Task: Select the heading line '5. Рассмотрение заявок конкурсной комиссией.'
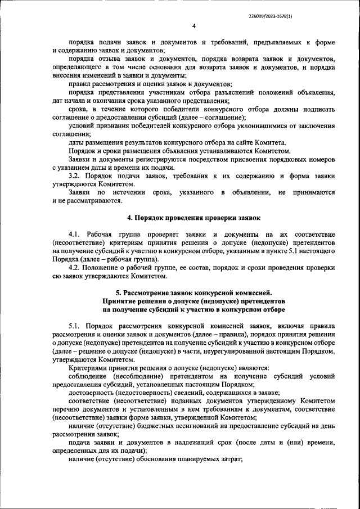[x=193, y=292]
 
